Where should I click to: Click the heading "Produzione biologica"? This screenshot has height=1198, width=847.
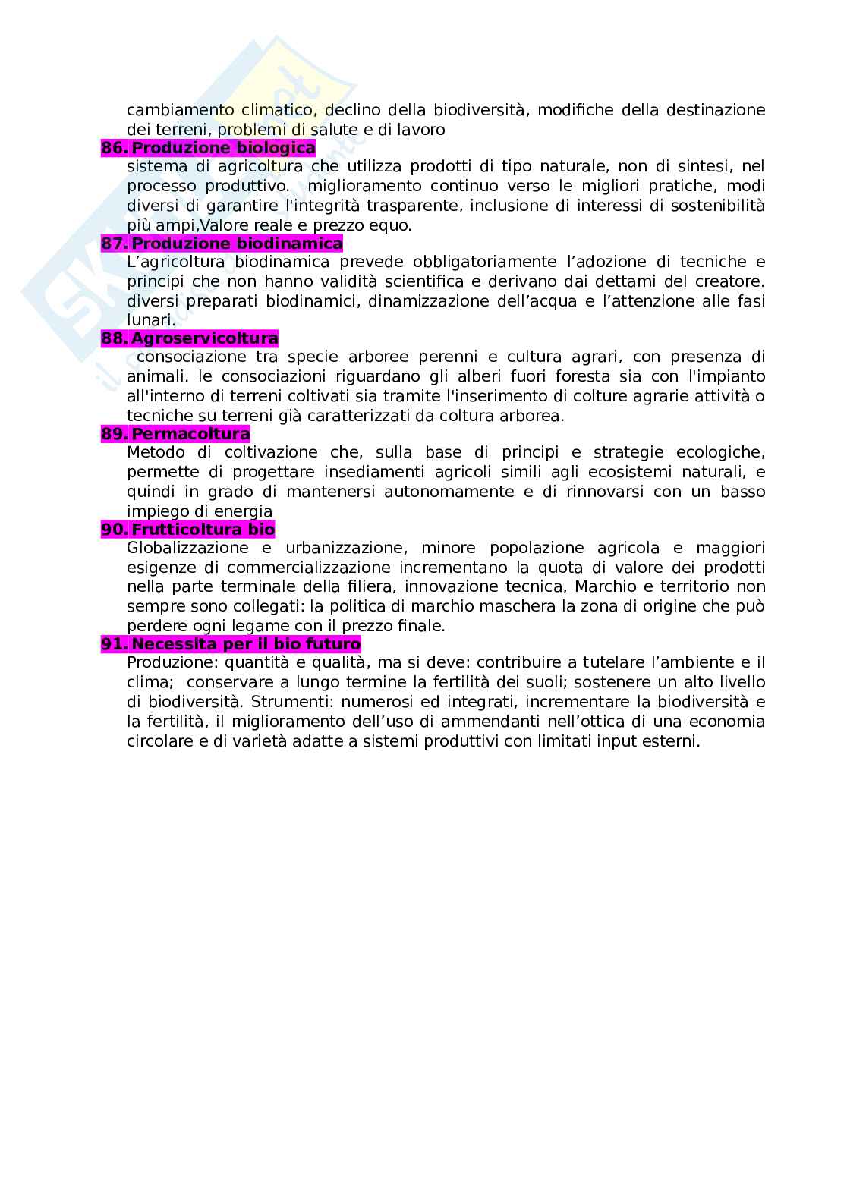[x=223, y=148]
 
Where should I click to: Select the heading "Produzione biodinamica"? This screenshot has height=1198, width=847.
[x=237, y=244]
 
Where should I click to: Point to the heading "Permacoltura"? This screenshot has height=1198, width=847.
[x=190, y=434]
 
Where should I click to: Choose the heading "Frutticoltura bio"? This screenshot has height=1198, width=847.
[x=203, y=530]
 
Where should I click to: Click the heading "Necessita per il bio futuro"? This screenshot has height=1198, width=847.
[x=246, y=644]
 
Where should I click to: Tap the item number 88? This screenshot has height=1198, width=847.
[x=113, y=338]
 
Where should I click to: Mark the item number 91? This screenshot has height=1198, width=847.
[x=113, y=644]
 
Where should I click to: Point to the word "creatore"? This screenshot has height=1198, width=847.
[x=729, y=281]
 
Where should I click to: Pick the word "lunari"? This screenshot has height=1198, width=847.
[x=150, y=320]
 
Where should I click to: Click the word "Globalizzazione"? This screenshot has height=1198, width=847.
[x=187, y=549]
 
